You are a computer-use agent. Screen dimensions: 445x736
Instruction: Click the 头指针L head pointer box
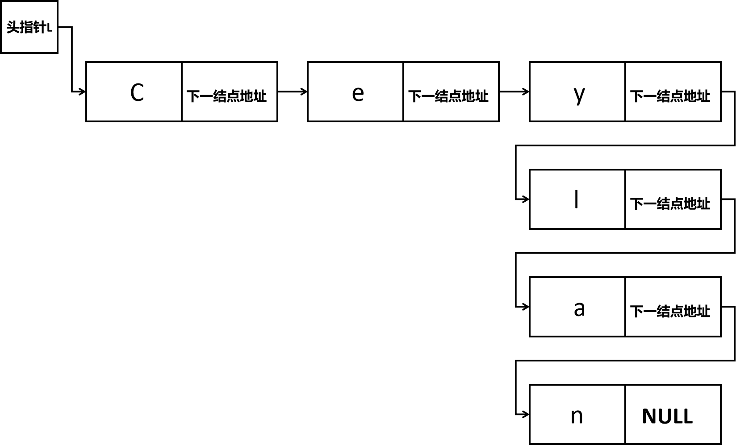click(x=29, y=27)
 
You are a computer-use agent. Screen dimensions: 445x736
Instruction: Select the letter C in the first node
click(x=137, y=93)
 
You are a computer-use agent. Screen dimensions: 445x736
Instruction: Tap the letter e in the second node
click(x=358, y=93)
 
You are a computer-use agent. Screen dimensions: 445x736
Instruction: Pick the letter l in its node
click(x=577, y=199)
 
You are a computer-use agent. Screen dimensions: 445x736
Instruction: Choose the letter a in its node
click(x=579, y=308)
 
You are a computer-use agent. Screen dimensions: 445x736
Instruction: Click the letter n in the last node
click(x=577, y=416)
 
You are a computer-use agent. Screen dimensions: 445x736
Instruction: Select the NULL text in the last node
click(x=667, y=416)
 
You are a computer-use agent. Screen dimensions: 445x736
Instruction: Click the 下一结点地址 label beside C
click(x=226, y=96)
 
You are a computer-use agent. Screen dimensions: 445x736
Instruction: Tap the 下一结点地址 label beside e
click(x=448, y=96)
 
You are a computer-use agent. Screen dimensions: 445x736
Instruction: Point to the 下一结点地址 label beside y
click(x=670, y=96)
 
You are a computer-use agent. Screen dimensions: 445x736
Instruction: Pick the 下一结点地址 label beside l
click(x=670, y=204)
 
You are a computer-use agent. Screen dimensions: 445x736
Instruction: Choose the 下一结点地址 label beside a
click(x=670, y=311)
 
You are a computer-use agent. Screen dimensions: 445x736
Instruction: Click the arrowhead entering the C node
click(x=82, y=92)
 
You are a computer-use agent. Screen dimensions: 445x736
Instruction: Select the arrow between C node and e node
click(x=293, y=91)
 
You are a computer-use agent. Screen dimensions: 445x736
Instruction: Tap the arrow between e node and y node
click(x=514, y=91)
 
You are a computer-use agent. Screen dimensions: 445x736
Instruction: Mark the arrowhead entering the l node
click(x=526, y=199)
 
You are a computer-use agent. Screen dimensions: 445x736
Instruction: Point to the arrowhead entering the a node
click(x=526, y=307)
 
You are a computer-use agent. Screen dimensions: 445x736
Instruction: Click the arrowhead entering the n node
click(x=526, y=415)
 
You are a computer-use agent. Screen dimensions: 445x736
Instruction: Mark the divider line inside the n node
click(x=625, y=415)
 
